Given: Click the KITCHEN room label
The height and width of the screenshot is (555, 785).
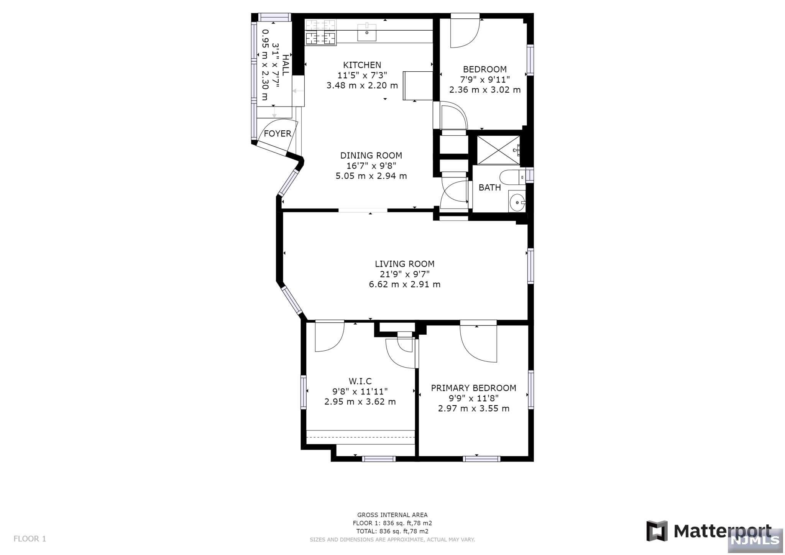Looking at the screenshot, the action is point(362,65).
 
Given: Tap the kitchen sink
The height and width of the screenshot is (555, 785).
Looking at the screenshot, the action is point(367,32).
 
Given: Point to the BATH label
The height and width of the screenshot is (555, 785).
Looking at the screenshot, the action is point(489,188).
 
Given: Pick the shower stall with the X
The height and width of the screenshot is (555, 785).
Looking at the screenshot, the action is point(498,150).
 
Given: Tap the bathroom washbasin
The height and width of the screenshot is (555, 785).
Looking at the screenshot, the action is point(517,202).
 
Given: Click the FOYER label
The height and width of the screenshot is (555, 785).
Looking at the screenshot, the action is point(278,134).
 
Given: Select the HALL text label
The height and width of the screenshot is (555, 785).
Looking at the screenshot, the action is point(286,65).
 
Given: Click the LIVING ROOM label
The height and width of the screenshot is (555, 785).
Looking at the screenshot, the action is point(404,264).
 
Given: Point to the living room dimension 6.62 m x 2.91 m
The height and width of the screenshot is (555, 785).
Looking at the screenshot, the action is point(404,284).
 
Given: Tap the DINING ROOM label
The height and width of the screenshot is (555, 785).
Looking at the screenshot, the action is point(371,156).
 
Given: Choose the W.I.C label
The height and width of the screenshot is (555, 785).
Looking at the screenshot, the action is point(360,381).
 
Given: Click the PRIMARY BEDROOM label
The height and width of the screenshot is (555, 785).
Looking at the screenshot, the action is point(473,388).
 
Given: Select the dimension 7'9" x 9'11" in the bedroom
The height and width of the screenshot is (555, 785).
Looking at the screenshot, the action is point(485,80).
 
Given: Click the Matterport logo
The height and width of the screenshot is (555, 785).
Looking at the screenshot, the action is point(709,531).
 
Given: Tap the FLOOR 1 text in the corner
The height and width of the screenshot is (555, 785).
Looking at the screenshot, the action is point(30,539).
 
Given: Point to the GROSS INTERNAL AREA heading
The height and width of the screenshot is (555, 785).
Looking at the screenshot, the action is point(392,515).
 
